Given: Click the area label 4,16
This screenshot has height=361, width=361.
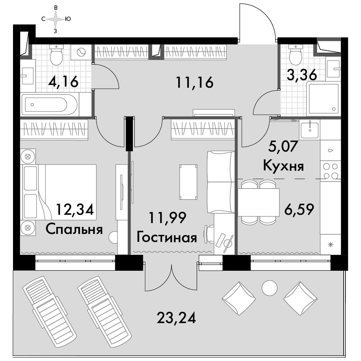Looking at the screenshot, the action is (63, 82).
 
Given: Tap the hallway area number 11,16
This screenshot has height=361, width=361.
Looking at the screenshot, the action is (195, 82).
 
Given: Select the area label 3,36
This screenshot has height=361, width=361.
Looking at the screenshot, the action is (302, 75).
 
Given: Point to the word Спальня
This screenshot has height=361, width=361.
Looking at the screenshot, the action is (74, 229).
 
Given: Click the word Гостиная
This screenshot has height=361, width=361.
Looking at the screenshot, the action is (167, 238).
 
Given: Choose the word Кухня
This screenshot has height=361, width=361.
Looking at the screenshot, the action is (283, 166).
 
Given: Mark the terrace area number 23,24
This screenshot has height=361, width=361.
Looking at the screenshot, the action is (177, 318).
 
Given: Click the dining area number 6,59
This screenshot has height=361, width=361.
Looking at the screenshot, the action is (299, 209).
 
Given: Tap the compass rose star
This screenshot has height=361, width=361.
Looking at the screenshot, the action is (56, 19).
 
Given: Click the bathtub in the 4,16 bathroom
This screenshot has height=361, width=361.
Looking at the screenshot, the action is (49, 105).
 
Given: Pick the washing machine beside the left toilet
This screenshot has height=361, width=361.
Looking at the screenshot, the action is (81, 52).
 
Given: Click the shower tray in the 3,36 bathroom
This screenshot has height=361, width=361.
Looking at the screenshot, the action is (323, 99).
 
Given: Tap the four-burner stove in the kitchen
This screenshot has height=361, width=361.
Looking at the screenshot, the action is (330, 171).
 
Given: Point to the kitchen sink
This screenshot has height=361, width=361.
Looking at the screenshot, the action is (310, 129).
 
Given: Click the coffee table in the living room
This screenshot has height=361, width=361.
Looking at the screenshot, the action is (188, 182).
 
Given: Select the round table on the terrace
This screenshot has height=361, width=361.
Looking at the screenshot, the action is (269, 288).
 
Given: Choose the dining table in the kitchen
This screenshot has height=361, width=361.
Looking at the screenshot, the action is (258, 203).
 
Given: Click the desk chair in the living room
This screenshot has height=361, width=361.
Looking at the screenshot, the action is (209, 234).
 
